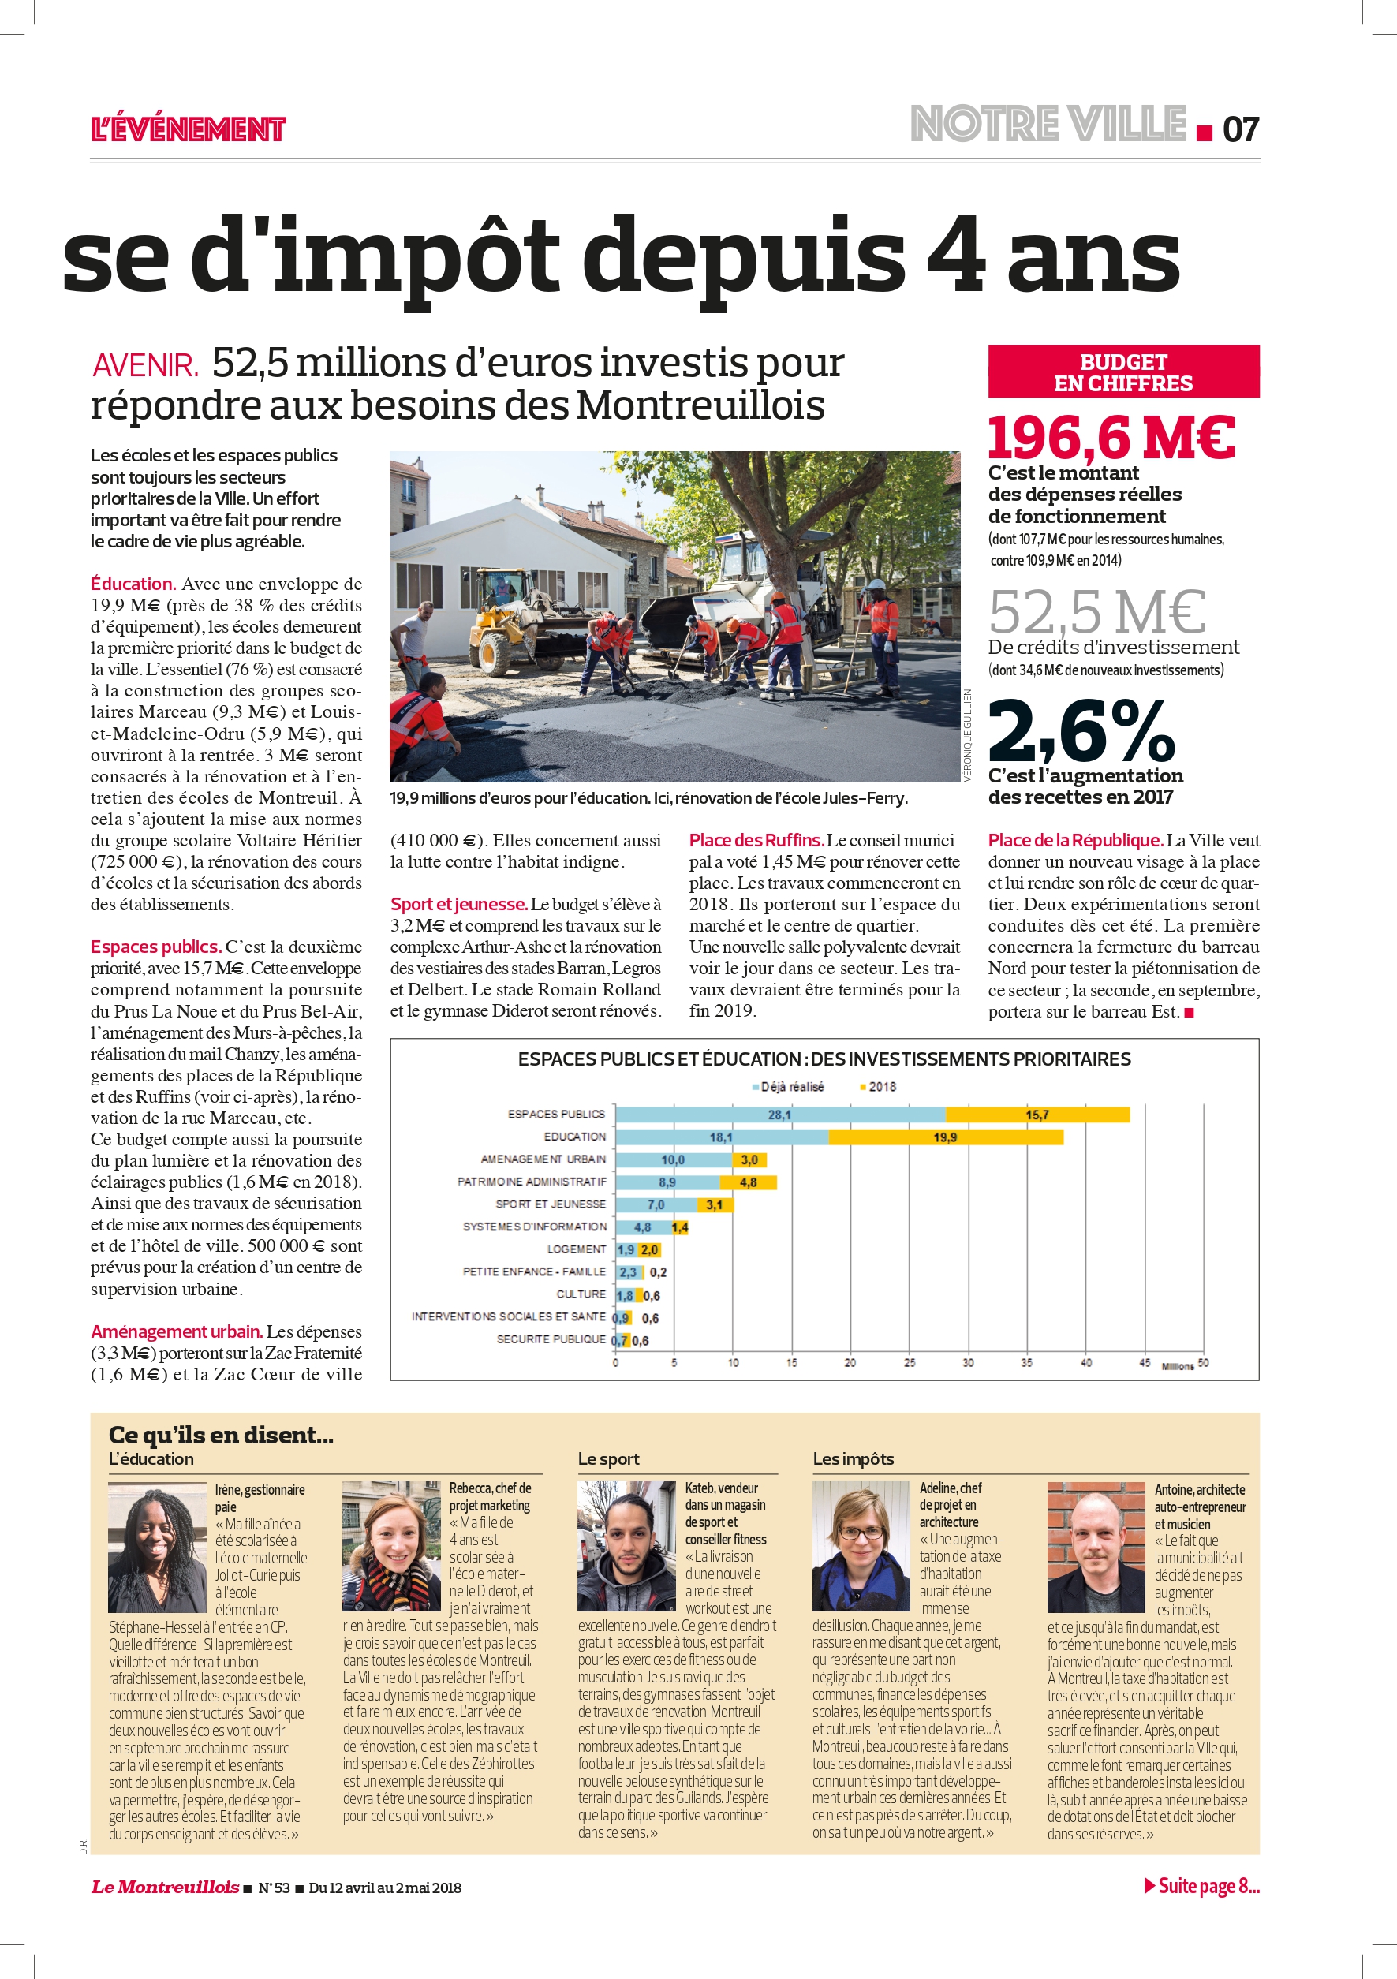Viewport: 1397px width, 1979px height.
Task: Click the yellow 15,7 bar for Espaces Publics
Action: [x=1037, y=1115]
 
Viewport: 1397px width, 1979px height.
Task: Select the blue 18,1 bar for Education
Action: [x=721, y=1137]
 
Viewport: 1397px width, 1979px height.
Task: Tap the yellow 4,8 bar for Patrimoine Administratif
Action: [x=748, y=1182]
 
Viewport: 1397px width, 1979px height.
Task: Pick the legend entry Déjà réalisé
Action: [x=788, y=1087]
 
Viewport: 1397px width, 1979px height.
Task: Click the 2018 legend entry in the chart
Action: [x=878, y=1087]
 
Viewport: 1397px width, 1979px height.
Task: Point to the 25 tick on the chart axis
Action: [x=910, y=1363]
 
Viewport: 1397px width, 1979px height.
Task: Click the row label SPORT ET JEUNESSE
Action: [x=550, y=1204]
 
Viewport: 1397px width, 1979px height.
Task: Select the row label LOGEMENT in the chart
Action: [x=576, y=1249]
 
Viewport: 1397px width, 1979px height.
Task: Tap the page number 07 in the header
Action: [x=1240, y=129]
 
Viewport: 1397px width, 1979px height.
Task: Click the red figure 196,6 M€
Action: [x=1111, y=437]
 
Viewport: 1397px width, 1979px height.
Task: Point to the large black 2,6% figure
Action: [x=1081, y=730]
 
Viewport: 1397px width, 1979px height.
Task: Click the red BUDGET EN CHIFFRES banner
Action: [x=1123, y=372]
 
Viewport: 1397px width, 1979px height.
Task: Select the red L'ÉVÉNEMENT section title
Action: [x=188, y=129]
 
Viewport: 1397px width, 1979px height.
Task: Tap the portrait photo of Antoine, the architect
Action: [x=1096, y=1548]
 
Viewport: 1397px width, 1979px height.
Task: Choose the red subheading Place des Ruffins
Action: [x=756, y=840]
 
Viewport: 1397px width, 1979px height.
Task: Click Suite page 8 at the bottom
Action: [x=1202, y=1885]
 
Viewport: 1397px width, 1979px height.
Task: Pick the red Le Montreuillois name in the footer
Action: [x=165, y=1887]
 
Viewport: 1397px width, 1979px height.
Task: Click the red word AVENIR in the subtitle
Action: [x=145, y=365]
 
